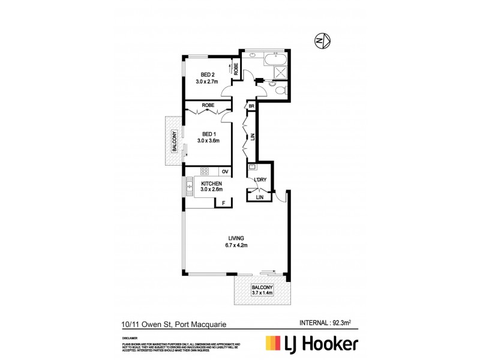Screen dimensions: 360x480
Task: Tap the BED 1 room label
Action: pos(208,134)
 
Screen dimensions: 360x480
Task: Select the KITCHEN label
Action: pos(212,184)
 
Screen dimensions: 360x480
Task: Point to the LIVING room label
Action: pos(235,238)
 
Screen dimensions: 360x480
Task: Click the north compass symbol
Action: pos(322,41)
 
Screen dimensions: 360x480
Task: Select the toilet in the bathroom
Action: pos(278,89)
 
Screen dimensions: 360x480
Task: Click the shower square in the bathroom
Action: pos(280,71)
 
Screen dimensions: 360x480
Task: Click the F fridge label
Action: pos(223,203)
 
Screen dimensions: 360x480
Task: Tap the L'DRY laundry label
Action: pos(260,180)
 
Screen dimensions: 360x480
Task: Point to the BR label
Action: pos(251,106)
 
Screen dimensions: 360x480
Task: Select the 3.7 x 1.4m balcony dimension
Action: pos(262,293)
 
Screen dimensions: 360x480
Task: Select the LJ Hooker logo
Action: pos(312,343)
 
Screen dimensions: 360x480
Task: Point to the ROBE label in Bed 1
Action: pos(208,106)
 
